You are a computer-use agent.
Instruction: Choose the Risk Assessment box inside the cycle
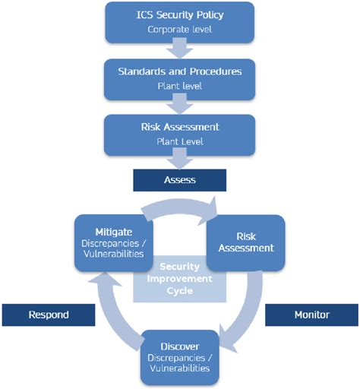245,242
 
